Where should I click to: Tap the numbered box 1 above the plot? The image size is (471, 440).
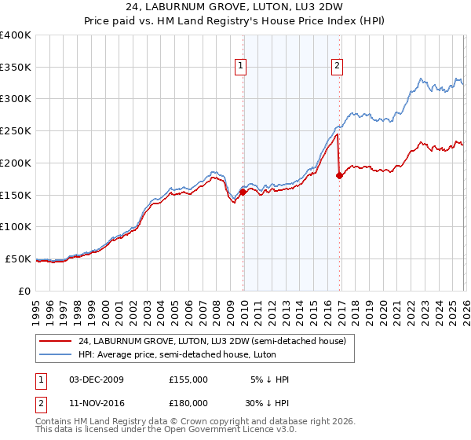pos(240,67)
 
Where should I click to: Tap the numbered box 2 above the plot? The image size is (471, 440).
pos(337,67)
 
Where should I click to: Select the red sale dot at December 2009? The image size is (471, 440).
pos(243,191)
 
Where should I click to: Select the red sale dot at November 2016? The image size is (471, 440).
pos(339,175)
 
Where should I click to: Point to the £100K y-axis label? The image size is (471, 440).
pos(16,226)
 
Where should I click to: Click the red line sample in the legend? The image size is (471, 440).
pos(56,340)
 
